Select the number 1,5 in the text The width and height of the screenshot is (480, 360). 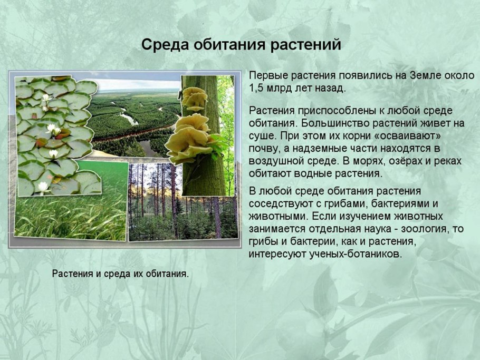coord(257,88)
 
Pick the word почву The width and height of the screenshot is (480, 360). coord(264,149)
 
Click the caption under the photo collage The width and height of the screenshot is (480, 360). coord(120,274)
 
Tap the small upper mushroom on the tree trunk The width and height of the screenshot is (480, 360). coord(195,99)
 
